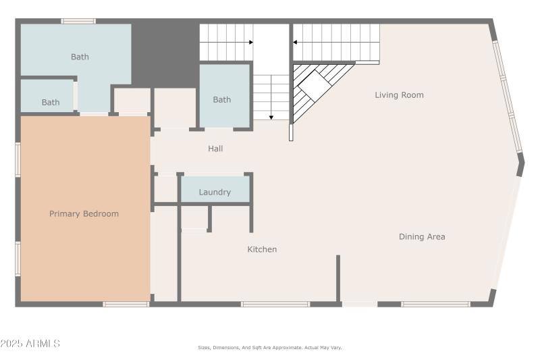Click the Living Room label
click(399, 95)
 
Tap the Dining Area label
click(421, 237)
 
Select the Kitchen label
click(262, 249)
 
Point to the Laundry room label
click(215, 192)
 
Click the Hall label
click(215, 149)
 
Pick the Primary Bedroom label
click(84, 214)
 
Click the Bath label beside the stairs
click(222, 100)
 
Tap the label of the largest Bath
click(80, 57)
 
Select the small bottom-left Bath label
click(51, 103)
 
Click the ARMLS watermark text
click(30, 344)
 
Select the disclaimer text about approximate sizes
click(270, 348)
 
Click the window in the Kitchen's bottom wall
click(275, 304)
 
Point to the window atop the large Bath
click(78, 21)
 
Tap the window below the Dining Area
click(435, 304)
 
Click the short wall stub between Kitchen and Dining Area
click(338, 277)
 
